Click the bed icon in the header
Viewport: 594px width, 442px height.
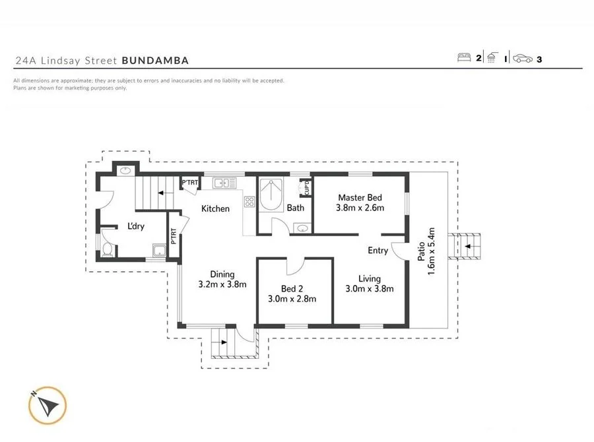pos(465,58)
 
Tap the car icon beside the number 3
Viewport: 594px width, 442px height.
pos(523,58)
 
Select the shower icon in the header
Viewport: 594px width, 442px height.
pos(492,58)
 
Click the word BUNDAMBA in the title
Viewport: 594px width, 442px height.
pos(155,61)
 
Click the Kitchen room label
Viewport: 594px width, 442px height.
pos(215,209)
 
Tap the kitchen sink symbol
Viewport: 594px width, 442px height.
pos(224,182)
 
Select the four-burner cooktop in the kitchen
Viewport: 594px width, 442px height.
pos(249,202)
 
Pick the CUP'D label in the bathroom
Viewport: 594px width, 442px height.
pos(306,188)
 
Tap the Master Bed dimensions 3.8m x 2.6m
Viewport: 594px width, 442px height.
pos(360,208)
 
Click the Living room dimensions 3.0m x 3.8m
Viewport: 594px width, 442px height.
pos(370,288)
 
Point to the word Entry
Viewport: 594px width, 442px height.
pos(378,251)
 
